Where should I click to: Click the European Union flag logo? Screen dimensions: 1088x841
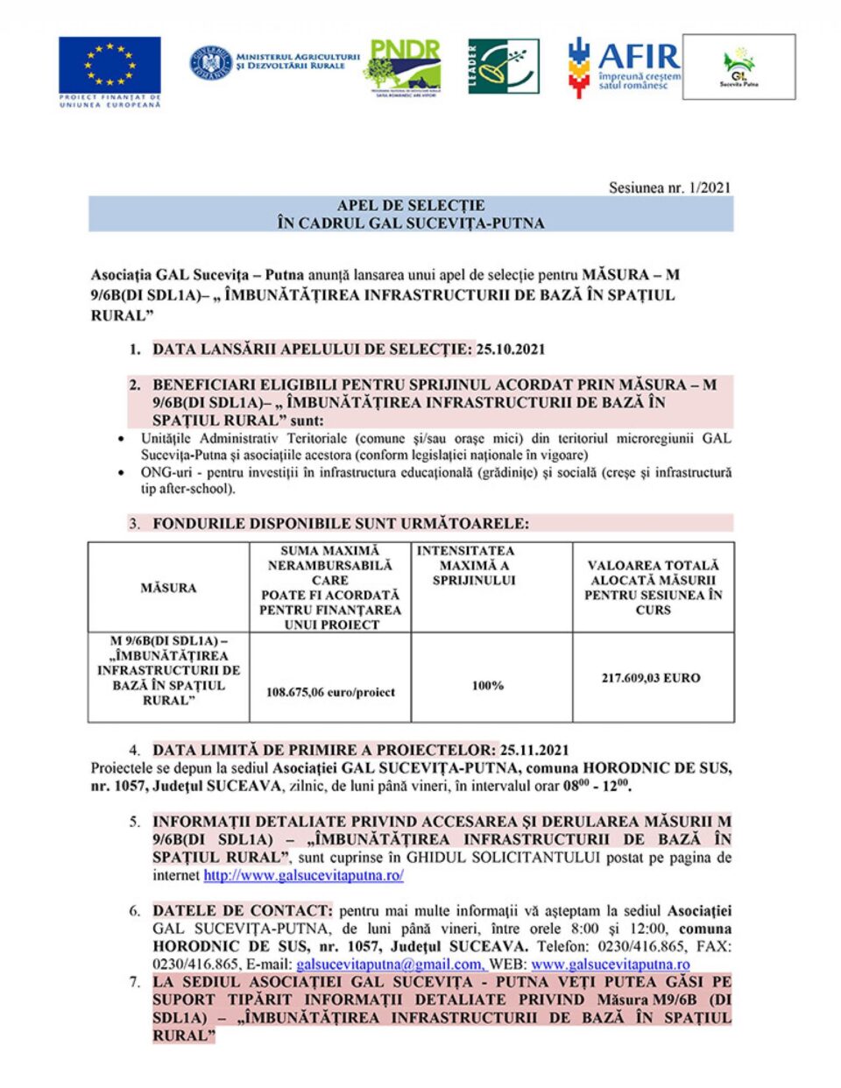(x=110, y=66)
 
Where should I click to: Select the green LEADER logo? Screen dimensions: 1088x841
(x=503, y=67)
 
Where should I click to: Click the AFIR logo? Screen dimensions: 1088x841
(x=624, y=67)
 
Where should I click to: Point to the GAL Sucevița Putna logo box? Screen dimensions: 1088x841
(x=739, y=67)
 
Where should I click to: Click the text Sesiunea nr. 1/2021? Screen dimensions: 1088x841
(x=669, y=187)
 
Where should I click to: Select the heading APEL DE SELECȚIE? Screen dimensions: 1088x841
(x=411, y=205)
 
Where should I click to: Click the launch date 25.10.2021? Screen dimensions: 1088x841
(x=511, y=349)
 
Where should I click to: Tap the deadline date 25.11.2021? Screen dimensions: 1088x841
(x=534, y=750)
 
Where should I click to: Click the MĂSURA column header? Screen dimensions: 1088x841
(x=168, y=588)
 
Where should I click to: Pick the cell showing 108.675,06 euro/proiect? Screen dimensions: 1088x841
(x=330, y=692)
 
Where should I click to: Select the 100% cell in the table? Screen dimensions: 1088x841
(x=488, y=685)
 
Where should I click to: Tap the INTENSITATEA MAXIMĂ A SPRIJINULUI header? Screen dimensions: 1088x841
(x=474, y=566)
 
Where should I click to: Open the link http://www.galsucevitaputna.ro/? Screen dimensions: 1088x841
(x=303, y=875)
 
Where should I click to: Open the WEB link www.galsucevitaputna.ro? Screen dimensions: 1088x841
(x=611, y=964)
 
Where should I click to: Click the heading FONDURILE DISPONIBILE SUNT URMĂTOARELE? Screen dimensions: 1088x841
(x=341, y=523)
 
